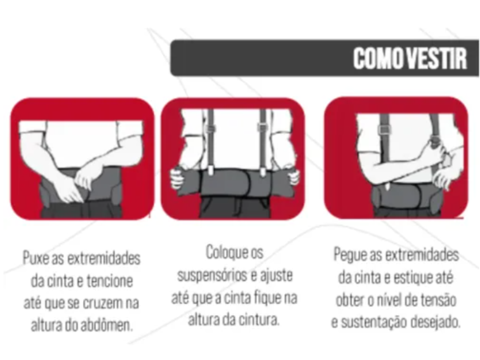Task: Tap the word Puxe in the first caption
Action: click(x=37, y=259)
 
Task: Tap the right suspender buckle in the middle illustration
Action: click(x=263, y=127)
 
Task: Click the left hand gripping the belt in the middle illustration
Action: click(x=176, y=177)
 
